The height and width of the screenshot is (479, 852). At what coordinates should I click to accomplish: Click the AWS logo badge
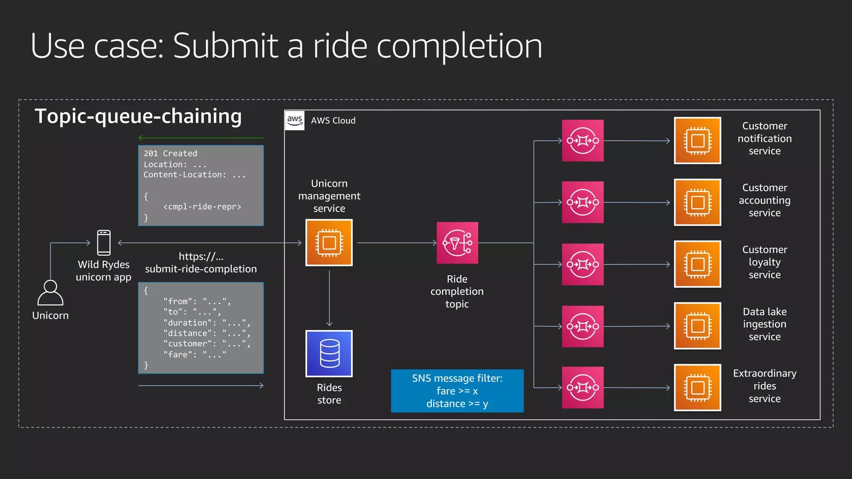[295, 120]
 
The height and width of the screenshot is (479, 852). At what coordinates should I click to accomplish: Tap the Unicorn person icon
[50, 293]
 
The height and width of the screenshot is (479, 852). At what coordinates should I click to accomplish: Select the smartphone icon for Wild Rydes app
[104, 242]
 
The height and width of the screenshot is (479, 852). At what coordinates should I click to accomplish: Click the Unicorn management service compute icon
[329, 242]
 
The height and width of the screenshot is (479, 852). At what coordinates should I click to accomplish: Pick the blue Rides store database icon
[329, 353]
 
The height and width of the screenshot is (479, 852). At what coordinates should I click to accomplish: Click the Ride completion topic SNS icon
[457, 243]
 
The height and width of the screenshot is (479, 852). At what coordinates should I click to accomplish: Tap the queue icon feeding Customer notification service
[582, 141]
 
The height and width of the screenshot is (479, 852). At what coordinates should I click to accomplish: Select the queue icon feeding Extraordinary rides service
[582, 388]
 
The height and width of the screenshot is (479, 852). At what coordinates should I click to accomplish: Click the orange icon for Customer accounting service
[697, 202]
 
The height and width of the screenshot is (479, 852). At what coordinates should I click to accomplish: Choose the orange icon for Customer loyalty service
[697, 264]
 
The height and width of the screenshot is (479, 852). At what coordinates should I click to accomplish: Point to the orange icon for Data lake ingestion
[697, 326]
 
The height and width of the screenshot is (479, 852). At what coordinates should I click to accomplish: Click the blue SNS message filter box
[457, 391]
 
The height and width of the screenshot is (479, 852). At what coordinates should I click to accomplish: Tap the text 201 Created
[171, 153]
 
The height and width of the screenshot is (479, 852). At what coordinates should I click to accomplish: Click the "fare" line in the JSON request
[195, 355]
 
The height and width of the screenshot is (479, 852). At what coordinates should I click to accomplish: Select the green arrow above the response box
[201, 138]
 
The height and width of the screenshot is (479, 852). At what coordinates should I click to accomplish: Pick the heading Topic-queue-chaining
[138, 116]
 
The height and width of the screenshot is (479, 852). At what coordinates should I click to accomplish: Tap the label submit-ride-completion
[201, 269]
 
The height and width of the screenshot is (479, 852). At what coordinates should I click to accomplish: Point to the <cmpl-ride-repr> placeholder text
[202, 207]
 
